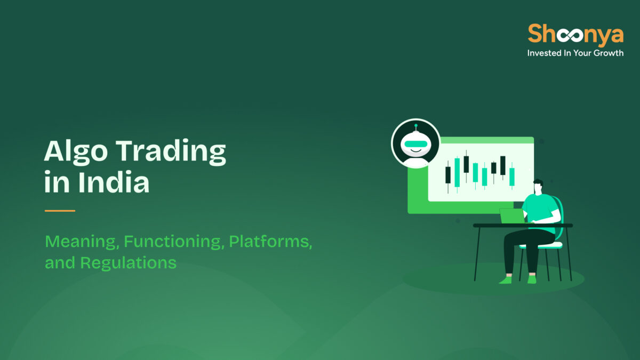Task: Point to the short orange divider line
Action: coord(60,211)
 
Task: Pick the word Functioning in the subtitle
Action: coord(173,242)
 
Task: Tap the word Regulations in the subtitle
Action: coord(129,262)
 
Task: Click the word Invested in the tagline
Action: coord(545,53)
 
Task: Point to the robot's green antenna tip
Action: coord(415,126)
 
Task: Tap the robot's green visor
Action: coord(415,142)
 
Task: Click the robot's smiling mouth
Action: coord(415,153)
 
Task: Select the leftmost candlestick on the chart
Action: coord(448,174)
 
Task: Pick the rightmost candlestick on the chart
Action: coord(512,175)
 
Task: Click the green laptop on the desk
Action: coord(513,216)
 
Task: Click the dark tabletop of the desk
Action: coord(523,226)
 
